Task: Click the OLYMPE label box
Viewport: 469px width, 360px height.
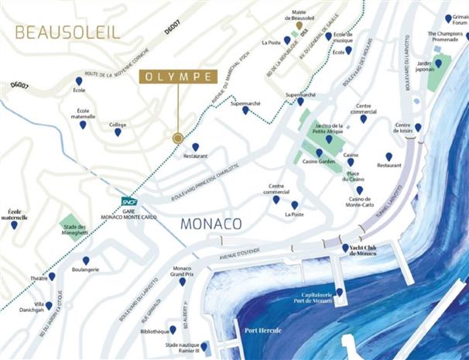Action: pyautogui.click(x=176, y=77)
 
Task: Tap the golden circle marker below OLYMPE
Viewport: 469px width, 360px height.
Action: pyautogui.click(x=178, y=138)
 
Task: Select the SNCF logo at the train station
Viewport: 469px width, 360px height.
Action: pyautogui.click(x=128, y=202)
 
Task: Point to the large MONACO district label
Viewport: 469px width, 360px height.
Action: pyautogui.click(x=211, y=224)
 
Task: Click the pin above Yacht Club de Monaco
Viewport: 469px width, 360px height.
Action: pyautogui.click(x=345, y=248)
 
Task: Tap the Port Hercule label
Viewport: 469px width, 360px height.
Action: pyautogui.click(x=262, y=330)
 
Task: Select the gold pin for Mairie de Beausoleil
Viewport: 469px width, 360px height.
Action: pyautogui.click(x=299, y=25)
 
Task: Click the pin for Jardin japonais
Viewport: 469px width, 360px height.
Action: pyautogui.click(x=438, y=63)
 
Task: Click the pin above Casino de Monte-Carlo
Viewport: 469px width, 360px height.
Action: pyautogui.click(x=358, y=190)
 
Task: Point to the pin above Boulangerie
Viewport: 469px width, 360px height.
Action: pyautogui.click(x=85, y=261)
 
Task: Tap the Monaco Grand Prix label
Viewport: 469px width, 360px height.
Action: pyautogui.click(x=181, y=271)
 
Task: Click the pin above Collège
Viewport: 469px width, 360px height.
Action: pyautogui.click(x=118, y=132)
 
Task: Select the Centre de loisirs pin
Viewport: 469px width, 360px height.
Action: pyautogui.click(x=418, y=128)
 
